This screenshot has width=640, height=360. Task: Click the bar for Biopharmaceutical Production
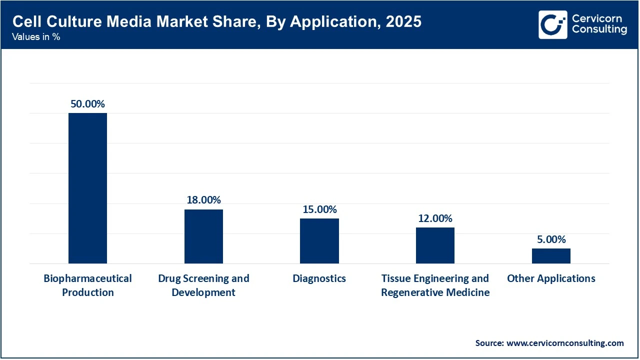tap(87, 188)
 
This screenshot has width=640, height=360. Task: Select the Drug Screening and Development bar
tap(203, 236)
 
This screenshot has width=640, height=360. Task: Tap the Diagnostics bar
tap(319, 240)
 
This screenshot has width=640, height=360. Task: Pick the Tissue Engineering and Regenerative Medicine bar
tap(435, 245)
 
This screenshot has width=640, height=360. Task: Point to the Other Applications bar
tap(551, 255)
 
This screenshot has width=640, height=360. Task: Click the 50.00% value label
tap(87, 104)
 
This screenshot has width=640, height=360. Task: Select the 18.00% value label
tap(203, 200)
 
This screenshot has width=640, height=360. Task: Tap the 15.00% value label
tap(319, 209)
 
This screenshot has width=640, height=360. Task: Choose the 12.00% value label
tap(435, 218)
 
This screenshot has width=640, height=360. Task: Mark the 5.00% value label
tap(551, 239)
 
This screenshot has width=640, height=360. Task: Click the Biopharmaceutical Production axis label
tap(87, 285)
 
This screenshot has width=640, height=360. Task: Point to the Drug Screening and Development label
tap(203, 285)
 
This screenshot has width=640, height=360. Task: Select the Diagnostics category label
tap(319, 278)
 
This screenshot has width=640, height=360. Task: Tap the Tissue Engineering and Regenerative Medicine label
tap(435, 285)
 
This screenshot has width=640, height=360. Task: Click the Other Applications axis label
tap(551, 278)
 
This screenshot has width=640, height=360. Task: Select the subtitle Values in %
tap(36, 37)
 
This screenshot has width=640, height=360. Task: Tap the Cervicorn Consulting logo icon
tap(553, 24)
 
